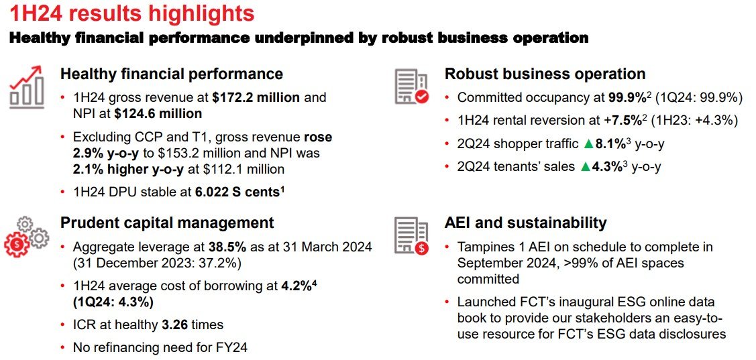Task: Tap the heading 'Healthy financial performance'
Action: pyautogui.click(x=172, y=74)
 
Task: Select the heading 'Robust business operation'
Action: pyautogui.click(x=545, y=74)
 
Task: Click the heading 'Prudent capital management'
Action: pyautogui.click(x=167, y=223)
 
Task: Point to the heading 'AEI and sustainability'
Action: pyautogui.click(x=525, y=223)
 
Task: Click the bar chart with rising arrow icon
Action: pyautogui.click(x=27, y=87)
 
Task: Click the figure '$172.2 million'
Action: pyautogui.click(x=256, y=98)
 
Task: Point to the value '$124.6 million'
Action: pyautogui.click(x=158, y=114)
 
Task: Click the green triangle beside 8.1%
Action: pyautogui.click(x=588, y=143)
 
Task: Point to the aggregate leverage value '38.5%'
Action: pyautogui.click(x=227, y=248)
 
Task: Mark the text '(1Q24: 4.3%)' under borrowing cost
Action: pyautogui.click(x=113, y=302)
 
